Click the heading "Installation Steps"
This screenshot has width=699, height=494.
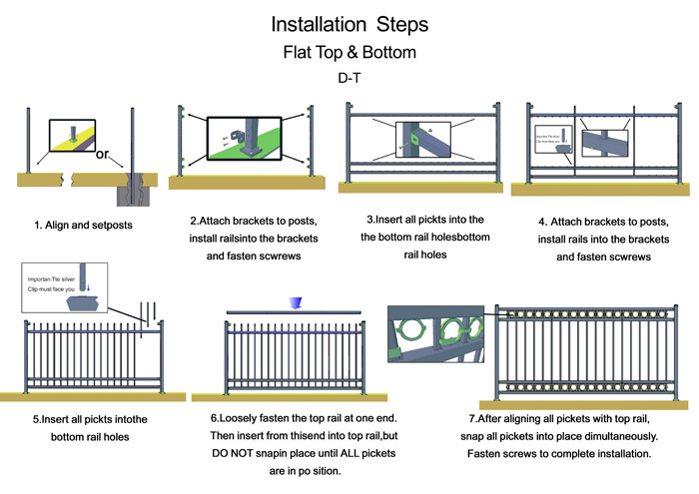click(x=349, y=21)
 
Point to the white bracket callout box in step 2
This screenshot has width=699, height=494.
click(x=246, y=136)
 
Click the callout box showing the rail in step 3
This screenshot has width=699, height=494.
click(x=421, y=141)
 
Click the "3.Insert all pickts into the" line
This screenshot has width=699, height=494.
click(x=424, y=220)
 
